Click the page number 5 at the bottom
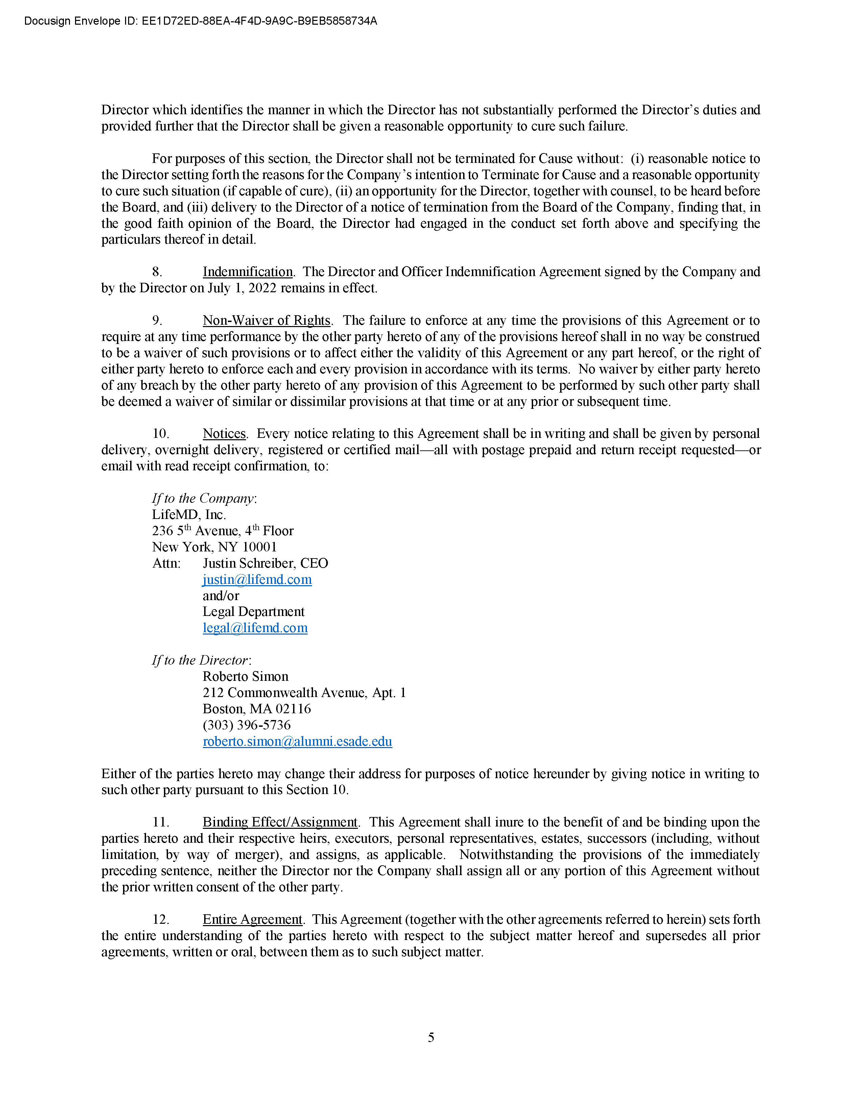(431, 1037)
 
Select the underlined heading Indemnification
(248, 272)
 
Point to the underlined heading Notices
(224, 434)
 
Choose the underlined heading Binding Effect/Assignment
(280, 822)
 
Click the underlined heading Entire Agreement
(252, 919)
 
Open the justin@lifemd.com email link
(257, 580)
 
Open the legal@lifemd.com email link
(255, 628)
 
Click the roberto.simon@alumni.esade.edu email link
(297, 742)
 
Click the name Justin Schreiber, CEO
(265, 564)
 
